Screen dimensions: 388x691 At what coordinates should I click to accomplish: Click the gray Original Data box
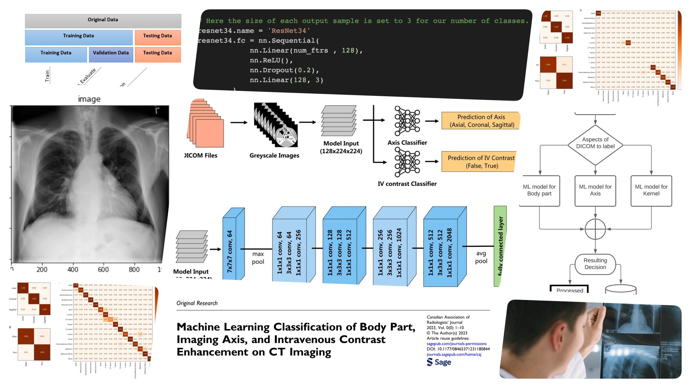(103, 20)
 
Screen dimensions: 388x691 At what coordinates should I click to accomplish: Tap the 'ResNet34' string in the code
(288, 31)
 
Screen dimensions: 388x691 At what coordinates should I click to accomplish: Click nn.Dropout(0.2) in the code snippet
(284, 70)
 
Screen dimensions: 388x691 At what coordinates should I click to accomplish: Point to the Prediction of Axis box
(481, 121)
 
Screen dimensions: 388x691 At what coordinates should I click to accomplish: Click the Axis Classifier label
(407, 143)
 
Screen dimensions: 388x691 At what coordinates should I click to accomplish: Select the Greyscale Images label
(274, 156)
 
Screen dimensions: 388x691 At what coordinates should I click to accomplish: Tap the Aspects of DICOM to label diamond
(595, 143)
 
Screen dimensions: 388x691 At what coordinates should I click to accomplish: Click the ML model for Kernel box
(651, 190)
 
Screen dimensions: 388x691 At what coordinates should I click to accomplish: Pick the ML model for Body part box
(539, 190)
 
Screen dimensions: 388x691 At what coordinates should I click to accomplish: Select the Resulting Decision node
(595, 264)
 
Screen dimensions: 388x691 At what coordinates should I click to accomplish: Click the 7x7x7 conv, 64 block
(230, 248)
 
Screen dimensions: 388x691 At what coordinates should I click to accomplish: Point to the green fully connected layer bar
(500, 246)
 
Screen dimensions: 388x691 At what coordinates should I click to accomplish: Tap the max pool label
(258, 258)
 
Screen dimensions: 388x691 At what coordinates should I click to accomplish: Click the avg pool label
(481, 257)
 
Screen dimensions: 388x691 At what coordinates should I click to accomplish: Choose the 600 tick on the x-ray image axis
(103, 269)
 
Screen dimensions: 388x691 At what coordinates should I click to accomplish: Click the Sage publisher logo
(439, 362)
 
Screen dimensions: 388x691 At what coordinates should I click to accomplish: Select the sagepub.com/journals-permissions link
(456, 344)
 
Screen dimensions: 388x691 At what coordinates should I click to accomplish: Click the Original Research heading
(197, 303)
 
